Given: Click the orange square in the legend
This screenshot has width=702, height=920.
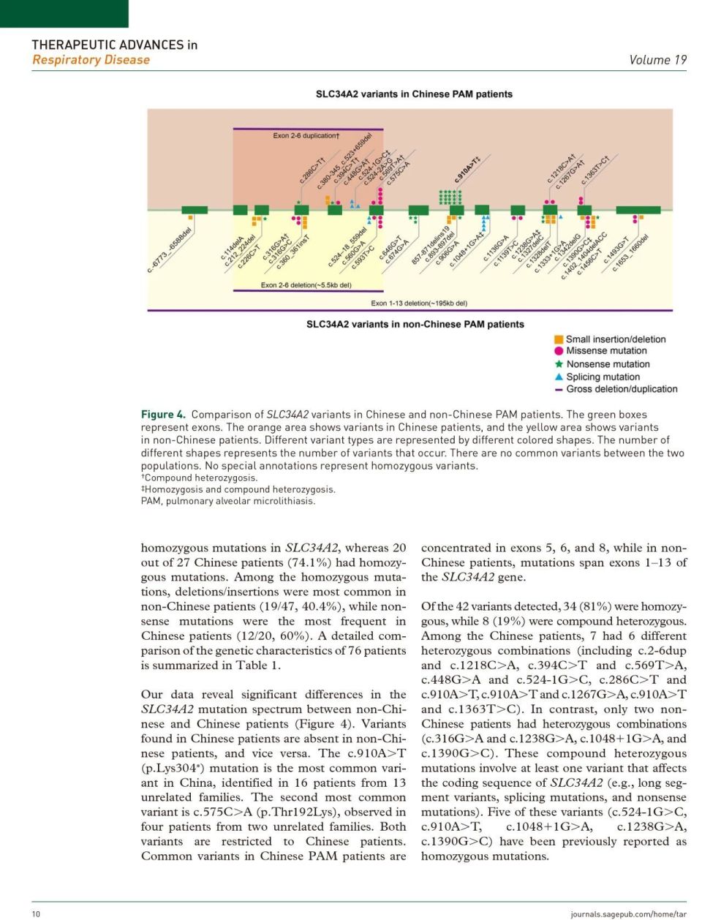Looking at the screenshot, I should [559, 339].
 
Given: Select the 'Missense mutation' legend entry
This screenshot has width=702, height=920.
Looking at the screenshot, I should [607, 351].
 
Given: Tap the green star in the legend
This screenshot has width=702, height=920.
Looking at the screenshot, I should [559, 363].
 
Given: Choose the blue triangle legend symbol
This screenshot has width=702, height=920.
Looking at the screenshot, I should [559, 377].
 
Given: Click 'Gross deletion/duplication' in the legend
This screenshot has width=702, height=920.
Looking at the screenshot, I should [622, 389].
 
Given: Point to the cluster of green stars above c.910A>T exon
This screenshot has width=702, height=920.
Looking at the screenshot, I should [450, 197].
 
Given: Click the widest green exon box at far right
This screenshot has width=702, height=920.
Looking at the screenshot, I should [638, 211].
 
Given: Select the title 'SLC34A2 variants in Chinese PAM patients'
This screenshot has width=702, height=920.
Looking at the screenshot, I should [414, 94].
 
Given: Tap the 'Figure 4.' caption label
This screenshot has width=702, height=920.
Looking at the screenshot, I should [163, 415].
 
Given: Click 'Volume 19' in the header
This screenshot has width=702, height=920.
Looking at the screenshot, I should [657, 60].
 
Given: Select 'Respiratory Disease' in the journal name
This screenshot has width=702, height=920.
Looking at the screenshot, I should [91, 60].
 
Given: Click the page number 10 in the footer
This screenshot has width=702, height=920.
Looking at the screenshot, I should [36, 913].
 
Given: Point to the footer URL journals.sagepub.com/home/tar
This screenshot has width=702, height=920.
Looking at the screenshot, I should [628, 913].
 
